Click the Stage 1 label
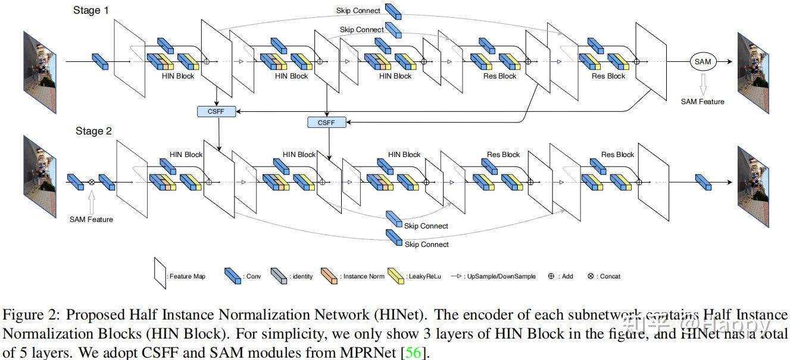click(91, 10)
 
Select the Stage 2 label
click(93, 131)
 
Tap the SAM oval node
click(703, 61)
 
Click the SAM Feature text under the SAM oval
click(702, 102)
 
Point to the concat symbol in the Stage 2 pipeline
click(92, 182)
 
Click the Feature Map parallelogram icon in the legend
click(160, 273)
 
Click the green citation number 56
click(414, 353)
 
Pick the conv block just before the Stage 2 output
click(704, 182)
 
